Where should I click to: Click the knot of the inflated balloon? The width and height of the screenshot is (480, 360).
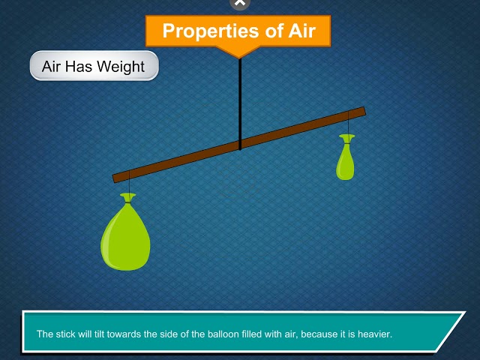pos(128,198)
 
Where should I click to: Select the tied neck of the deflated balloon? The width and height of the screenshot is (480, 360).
pos(346,139)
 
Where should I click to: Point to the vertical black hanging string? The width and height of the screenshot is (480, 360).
pos(240,97)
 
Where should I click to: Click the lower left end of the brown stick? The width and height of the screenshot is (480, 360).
pos(118,178)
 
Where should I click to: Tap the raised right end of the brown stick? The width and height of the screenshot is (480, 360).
pos(361,112)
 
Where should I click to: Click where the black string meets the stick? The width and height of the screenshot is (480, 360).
pos(240,144)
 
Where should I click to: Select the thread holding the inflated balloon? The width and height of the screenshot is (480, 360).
pos(129,183)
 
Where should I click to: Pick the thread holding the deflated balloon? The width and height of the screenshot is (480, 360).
pos(348,123)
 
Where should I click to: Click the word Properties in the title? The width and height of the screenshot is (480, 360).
pos(204,31)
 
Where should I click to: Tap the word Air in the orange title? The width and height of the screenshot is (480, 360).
pos(296,31)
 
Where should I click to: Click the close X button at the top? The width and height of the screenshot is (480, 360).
pos(239,3)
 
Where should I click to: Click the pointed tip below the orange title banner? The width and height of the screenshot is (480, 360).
pos(238,55)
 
